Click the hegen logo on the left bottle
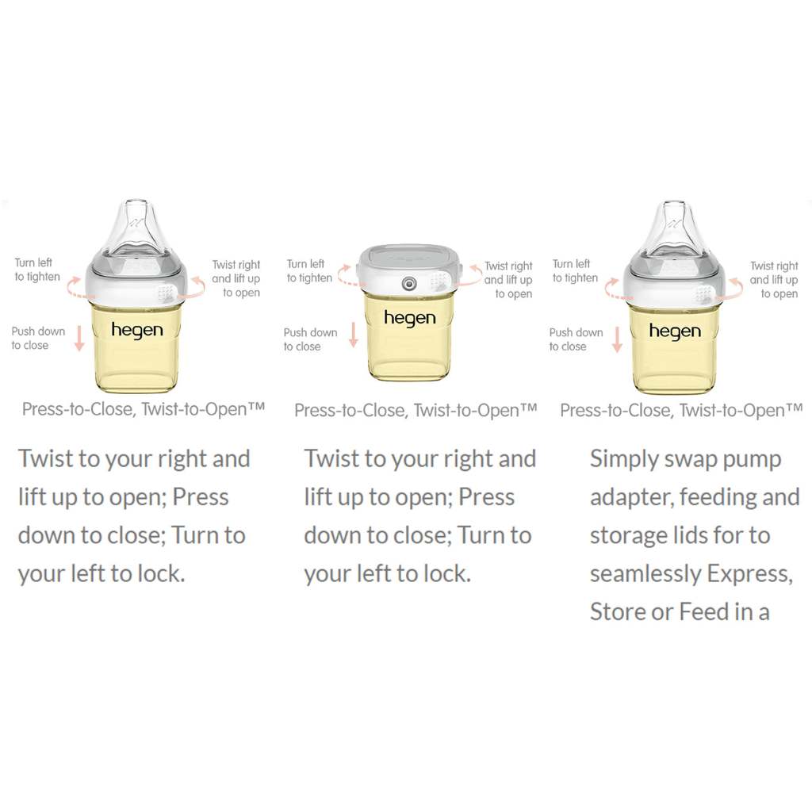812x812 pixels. [x=137, y=331]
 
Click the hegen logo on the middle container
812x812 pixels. [x=410, y=318]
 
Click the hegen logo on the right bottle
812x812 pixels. [x=676, y=331]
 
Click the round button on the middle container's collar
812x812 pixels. [x=409, y=283]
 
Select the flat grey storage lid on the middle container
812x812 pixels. [x=409, y=256]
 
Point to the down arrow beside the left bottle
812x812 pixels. [x=79, y=338]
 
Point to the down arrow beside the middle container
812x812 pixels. [x=353, y=335]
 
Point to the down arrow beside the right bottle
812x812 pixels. [x=617, y=339]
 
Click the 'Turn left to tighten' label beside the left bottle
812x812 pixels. [x=36, y=270]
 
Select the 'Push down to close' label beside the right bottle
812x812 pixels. [x=576, y=339]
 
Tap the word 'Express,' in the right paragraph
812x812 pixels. [x=750, y=574]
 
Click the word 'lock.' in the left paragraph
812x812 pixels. [x=161, y=573]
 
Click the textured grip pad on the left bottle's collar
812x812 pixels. [x=165, y=293]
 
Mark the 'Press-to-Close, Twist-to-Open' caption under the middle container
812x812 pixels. [x=416, y=411]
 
